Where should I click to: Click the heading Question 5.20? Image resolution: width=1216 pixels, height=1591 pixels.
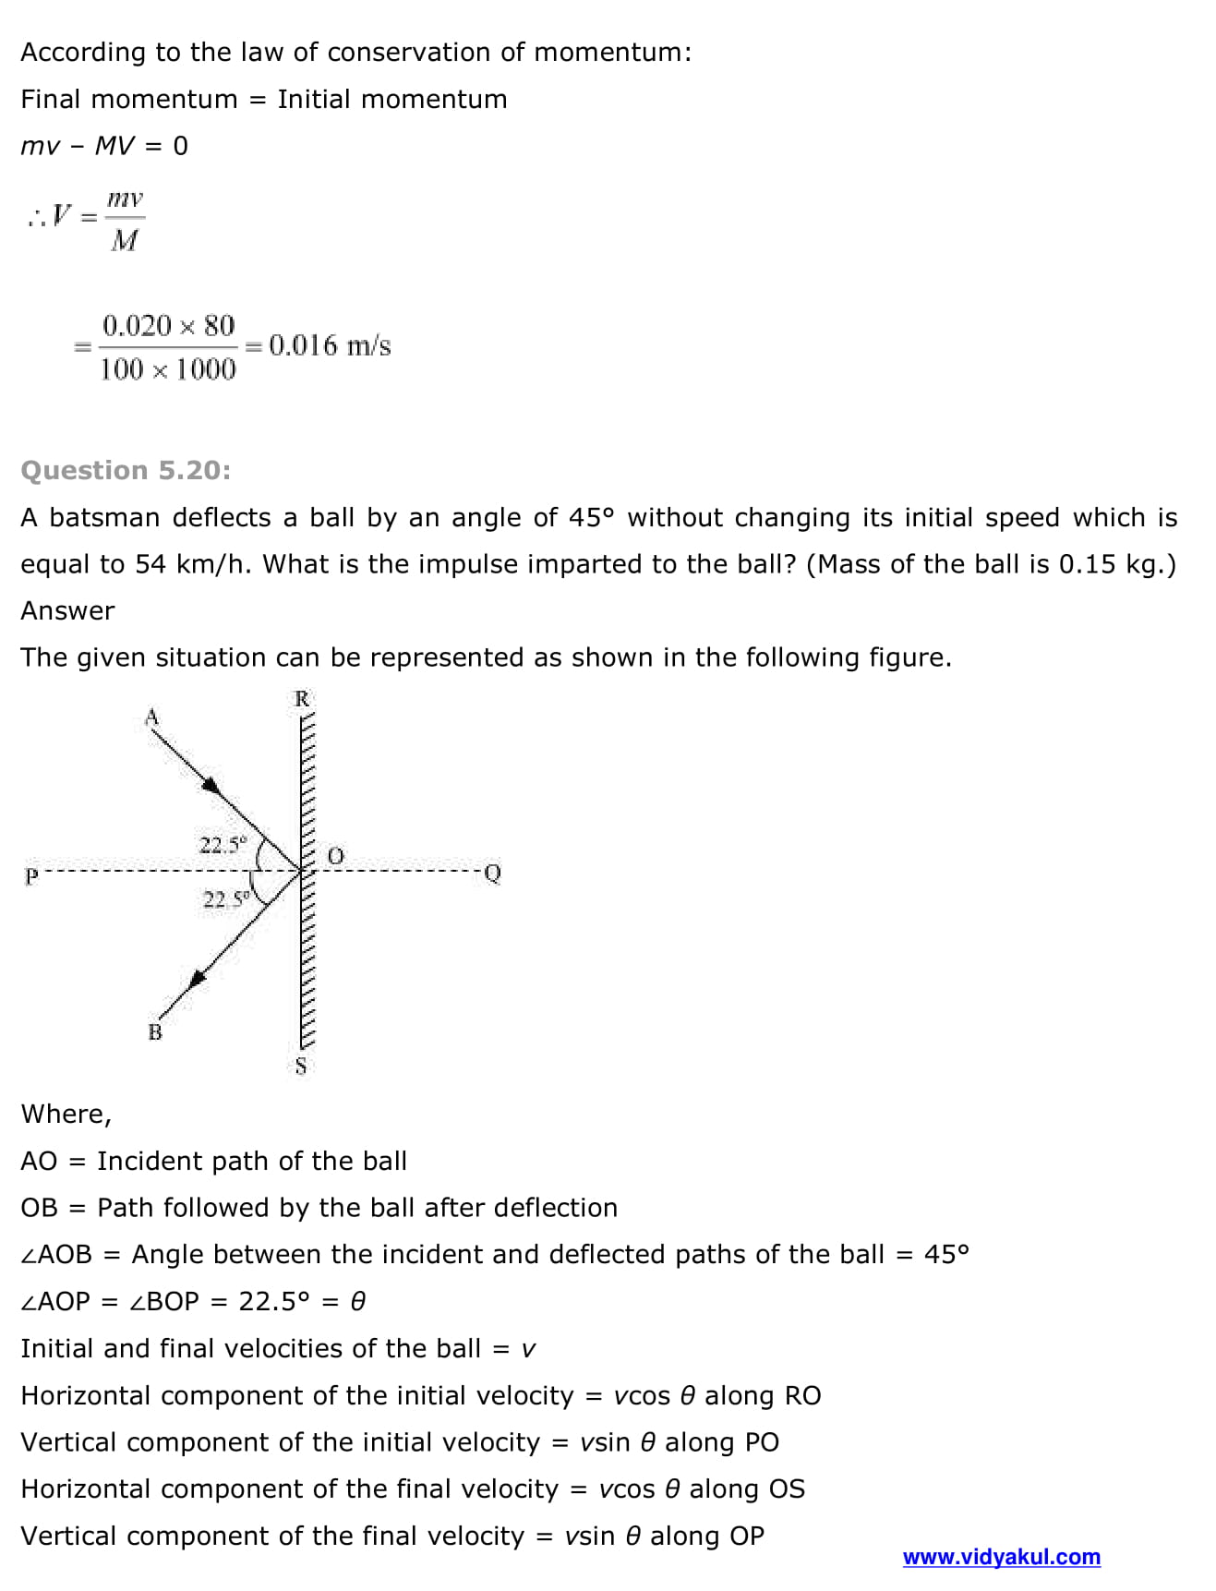pyautogui.click(x=126, y=470)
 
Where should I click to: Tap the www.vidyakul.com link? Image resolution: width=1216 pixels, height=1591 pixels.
pyautogui.click(x=1001, y=1557)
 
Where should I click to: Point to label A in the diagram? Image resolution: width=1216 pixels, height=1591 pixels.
pyautogui.click(x=152, y=717)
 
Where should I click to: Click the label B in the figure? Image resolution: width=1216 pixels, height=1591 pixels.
pyautogui.click(x=155, y=1032)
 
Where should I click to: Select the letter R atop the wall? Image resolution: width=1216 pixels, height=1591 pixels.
pyautogui.click(x=301, y=699)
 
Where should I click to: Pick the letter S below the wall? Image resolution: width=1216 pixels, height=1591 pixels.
pyautogui.click(x=300, y=1067)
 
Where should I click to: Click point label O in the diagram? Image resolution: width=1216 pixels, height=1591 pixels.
pyautogui.click(x=335, y=856)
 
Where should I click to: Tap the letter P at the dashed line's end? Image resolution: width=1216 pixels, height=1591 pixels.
pyautogui.click(x=31, y=875)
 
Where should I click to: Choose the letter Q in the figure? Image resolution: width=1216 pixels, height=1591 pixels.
pyautogui.click(x=492, y=873)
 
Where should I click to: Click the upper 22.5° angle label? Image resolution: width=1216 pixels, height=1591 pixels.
pyautogui.click(x=223, y=845)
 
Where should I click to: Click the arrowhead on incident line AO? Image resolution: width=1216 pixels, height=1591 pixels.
pyautogui.click(x=213, y=786)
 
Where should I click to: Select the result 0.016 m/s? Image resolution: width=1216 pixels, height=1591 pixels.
pyautogui.click(x=330, y=345)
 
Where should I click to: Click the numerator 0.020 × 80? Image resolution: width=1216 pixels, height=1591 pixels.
pyautogui.click(x=168, y=325)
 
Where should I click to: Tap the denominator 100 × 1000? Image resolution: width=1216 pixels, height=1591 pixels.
pyautogui.click(x=168, y=369)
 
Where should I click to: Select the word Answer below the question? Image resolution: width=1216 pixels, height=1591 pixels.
pyautogui.click(x=67, y=610)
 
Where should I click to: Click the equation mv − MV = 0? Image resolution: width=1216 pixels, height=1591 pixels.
pyautogui.click(x=104, y=146)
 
